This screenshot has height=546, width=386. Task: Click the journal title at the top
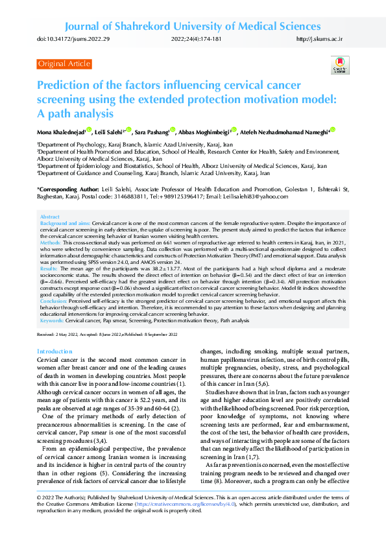tap(193, 27)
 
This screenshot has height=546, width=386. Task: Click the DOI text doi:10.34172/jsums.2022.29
tap(73, 40)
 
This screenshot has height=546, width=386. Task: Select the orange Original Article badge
tap(64, 64)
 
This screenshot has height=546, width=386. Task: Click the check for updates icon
tap(339, 65)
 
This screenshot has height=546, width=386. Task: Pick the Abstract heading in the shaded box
tap(49, 217)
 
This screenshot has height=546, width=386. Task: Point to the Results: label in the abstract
tap(49, 267)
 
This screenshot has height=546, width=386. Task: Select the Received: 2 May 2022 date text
tap(60, 335)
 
